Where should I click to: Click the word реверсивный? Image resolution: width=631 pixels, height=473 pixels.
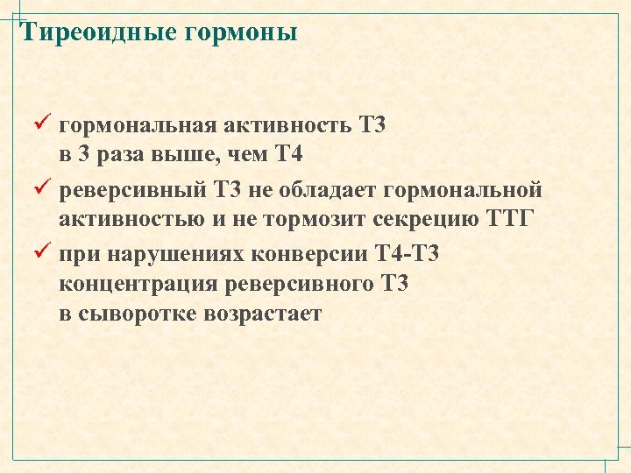click(x=129, y=190)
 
